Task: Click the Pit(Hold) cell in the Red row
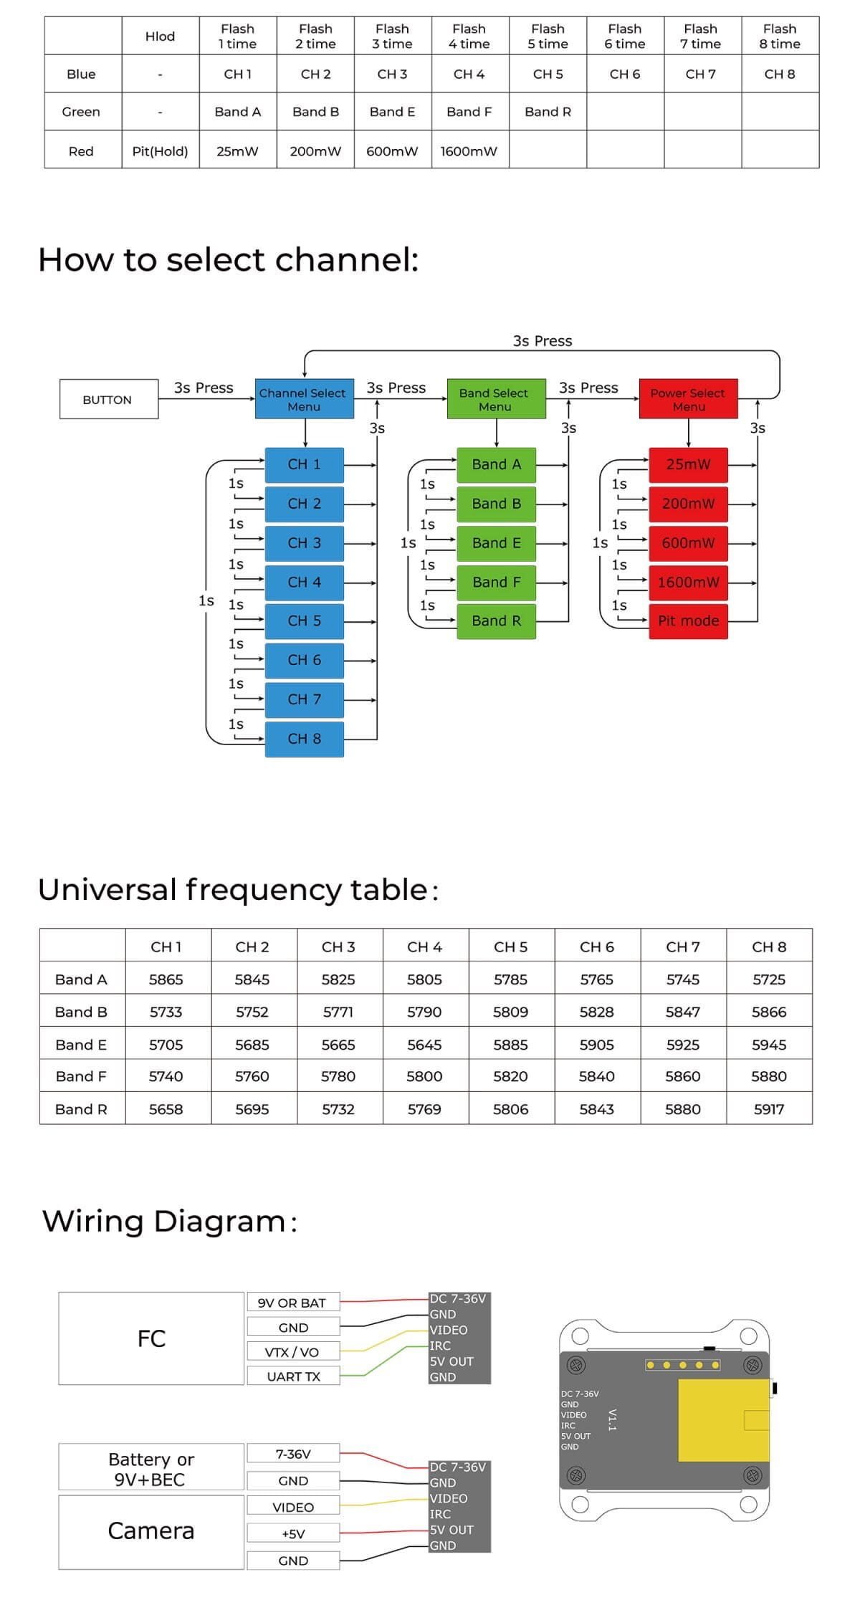point(160,151)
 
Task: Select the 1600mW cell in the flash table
point(469,151)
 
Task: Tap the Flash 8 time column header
point(780,36)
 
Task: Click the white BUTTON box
point(108,399)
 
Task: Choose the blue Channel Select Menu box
point(304,399)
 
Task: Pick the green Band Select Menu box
point(495,399)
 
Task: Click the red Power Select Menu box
point(688,399)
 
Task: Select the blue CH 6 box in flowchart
point(305,660)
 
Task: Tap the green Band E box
point(496,543)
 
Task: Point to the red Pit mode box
point(688,621)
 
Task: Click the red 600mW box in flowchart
point(688,543)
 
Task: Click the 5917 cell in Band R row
point(769,1109)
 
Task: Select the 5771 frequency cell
point(338,1012)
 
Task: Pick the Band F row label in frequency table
point(81,1076)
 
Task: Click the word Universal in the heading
point(107,890)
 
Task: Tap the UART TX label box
point(293,1376)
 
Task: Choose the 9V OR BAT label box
point(292,1303)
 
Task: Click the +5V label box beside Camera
point(293,1534)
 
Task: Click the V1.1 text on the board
point(612,1419)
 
